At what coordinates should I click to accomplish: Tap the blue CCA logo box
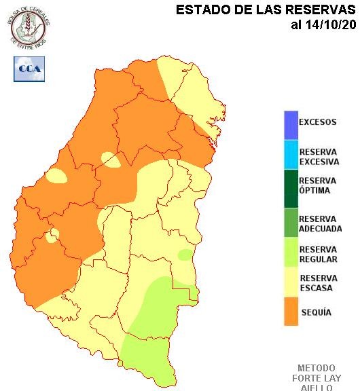pos(29,69)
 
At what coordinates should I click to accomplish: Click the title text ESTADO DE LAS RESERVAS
pos(266,10)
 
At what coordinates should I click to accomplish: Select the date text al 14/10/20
pos(323,25)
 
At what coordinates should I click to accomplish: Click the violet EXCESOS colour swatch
pos(291,123)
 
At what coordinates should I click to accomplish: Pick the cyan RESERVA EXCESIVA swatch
pos(291,157)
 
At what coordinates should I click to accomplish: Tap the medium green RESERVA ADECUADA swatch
pos(291,224)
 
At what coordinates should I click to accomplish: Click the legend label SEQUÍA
pos(315,312)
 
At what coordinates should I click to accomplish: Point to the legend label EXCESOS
pos(317,123)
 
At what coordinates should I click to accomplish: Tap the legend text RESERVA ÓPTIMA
pos(317,186)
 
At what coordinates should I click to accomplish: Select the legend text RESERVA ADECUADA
pos(320,224)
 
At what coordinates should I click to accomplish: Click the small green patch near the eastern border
pos(185,255)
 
